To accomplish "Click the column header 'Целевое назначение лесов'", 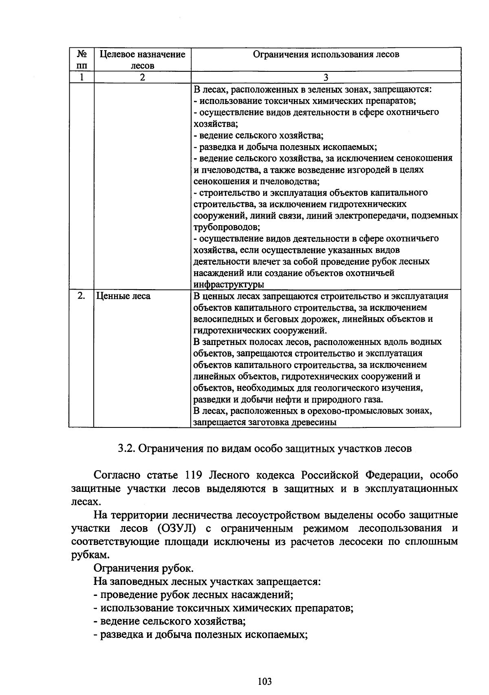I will tap(142, 60).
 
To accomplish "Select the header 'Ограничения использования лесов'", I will tap(326, 54).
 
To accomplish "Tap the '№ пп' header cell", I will tap(81, 60).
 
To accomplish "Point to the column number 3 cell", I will tap(326, 77).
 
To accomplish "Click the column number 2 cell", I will tap(142, 77).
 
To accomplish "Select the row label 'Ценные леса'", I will tap(123, 296).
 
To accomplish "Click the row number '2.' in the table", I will tap(81, 296).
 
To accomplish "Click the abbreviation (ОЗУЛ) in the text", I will tap(176, 529).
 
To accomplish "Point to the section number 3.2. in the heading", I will tap(126, 449).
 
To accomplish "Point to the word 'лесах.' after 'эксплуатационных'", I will tap(85, 502).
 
